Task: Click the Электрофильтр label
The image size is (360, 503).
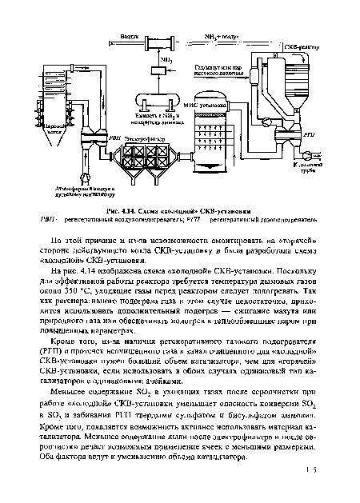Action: point(146,137)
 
